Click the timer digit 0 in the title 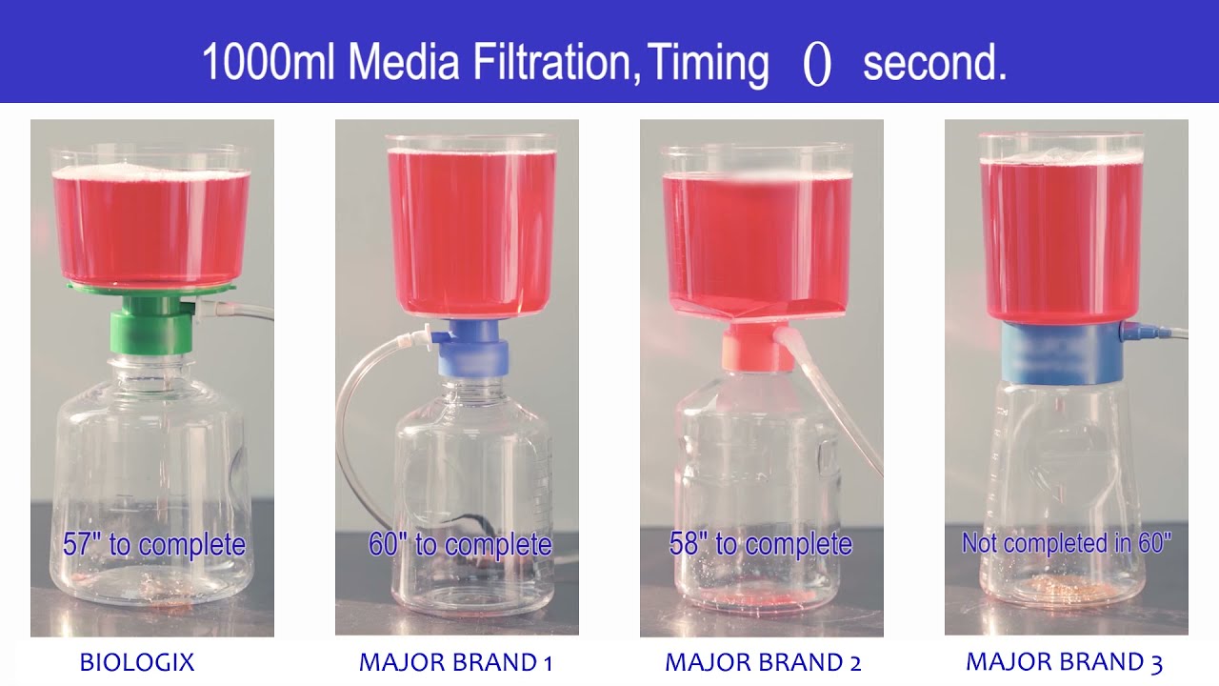coord(817,65)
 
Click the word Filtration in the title coord(552,63)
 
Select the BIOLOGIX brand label coord(137,662)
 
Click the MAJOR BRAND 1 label coord(455,662)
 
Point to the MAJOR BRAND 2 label coord(763,662)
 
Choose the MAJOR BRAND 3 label coord(1064,662)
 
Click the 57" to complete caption coord(154,545)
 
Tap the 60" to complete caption coord(460,545)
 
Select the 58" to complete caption coord(760,545)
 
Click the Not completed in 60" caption coord(1067,543)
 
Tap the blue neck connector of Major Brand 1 coord(473,348)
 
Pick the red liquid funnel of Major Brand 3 coord(1061,238)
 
